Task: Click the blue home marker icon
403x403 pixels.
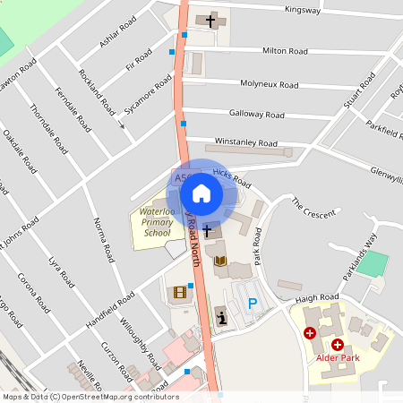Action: pyautogui.click(x=201, y=193)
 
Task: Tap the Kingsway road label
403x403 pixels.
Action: pyautogui.click(x=302, y=11)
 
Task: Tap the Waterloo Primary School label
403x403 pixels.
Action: pyautogui.click(x=150, y=222)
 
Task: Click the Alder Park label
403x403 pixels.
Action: pyautogui.click(x=338, y=359)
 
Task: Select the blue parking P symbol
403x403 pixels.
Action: pyautogui.click(x=253, y=304)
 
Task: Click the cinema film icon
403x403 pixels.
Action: pyautogui.click(x=180, y=292)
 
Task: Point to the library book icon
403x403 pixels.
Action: pyautogui.click(x=220, y=261)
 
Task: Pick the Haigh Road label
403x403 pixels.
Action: pyautogui.click(x=319, y=297)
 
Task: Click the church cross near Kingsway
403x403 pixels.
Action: pyautogui.click(x=212, y=20)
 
